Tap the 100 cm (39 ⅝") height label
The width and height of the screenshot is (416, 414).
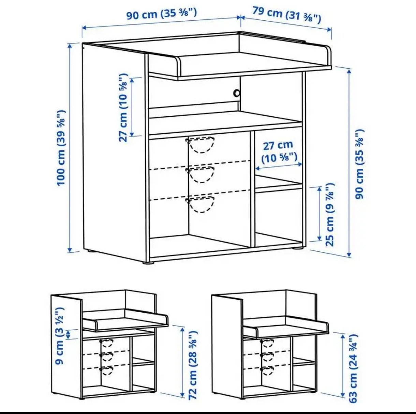(x=61, y=148)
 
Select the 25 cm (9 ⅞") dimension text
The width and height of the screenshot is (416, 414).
(x=330, y=215)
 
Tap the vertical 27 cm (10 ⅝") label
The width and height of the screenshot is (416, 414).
(x=124, y=107)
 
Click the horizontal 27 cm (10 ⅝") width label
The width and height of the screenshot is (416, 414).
(x=279, y=152)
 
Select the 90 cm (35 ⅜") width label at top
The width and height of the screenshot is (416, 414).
(x=162, y=14)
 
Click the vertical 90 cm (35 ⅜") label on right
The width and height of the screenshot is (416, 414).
(x=360, y=164)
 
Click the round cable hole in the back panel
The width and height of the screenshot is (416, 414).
(x=237, y=93)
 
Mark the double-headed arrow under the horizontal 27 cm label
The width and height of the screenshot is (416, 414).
(x=279, y=166)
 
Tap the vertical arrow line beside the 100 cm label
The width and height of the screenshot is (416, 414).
(x=70, y=148)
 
